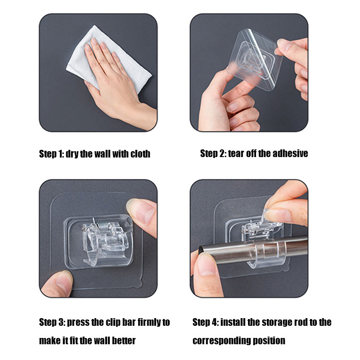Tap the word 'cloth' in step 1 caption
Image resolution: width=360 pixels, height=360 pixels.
click(x=140, y=154)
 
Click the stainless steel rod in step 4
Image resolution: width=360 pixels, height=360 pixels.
click(x=252, y=252)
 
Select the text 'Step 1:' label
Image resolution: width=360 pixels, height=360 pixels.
click(x=51, y=154)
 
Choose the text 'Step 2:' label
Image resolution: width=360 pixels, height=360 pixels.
click(x=213, y=153)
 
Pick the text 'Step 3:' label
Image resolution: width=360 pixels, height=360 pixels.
click(x=52, y=322)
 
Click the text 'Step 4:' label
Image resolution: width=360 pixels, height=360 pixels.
click(x=205, y=322)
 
